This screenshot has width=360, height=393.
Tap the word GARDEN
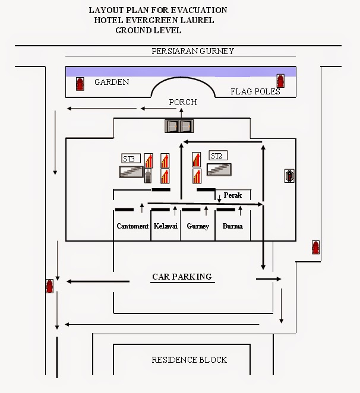pyautogui.click(x=112, y=82)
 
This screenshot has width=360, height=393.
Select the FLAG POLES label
pyautogui.click(x=255, y=91)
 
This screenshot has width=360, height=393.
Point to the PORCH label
pyautogui.click(x=182, y=102)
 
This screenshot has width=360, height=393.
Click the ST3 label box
pyautogui.click(x=131, y=159)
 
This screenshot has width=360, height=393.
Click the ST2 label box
pyautogui.click(x=217, y=156)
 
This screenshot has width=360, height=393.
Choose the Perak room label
pyautogui.click(x=233, y=195)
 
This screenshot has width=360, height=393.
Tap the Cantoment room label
pyautogui.click(x=132, y=226)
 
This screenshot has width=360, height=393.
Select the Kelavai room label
pyautogui.click(x=165, y=226)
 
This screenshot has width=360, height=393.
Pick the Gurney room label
pyautogui.click(x=198, y=226)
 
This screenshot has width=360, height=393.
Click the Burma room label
pyautogui.click(x=232, y=226)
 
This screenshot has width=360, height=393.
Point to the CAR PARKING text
pyautogui.click(x=182, y=277)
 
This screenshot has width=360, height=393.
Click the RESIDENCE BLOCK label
pyautogui.click(x=189, y=360)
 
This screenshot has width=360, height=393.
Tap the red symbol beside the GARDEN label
pyautogui.click(x=80, y=84)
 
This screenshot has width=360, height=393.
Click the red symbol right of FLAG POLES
pyautogui.click(x=280, y=81)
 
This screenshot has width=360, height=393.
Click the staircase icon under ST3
pyautogui.click(x=132, y=172)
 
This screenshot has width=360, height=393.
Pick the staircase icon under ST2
pyautogui.click(x=219, y=169)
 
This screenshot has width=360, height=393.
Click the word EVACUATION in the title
pyautogui.click(x=198, y=10)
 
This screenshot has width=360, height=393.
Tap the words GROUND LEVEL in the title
pyautogui.click(x=149, y=30)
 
